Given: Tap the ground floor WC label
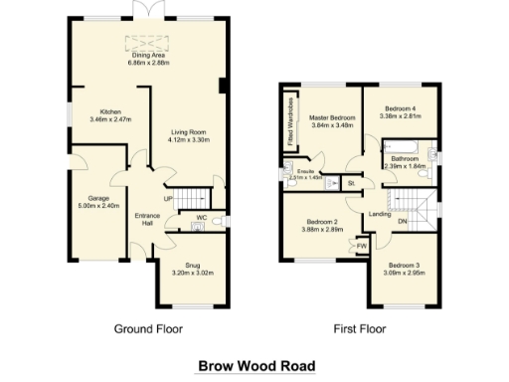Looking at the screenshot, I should (x=201, y=216).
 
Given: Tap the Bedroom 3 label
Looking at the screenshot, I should (x=404, y=268).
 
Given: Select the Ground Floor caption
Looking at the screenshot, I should (x=148, y=328).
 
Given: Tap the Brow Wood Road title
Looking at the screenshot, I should (x=255, y=365).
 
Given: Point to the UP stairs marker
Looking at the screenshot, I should (x=168, y=199).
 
